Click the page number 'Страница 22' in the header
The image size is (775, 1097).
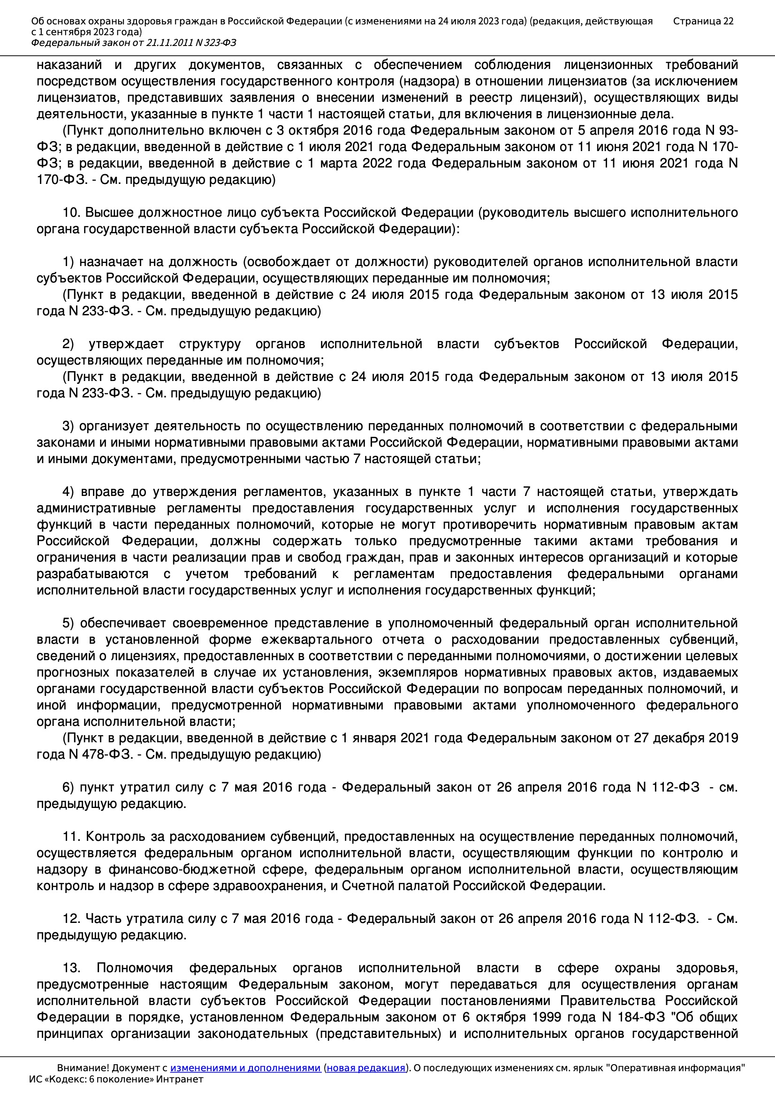pyautogui.click(x=703, y=21)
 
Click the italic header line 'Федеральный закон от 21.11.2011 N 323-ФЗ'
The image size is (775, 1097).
pyautogui.click(x=133, y=43)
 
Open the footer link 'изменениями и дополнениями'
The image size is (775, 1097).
pyautogui.click(x=245, y=1067)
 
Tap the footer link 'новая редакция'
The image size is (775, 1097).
pyautogui.click(x=365, y=1067)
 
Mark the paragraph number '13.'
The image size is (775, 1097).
pyautogui.click(x=72, y=968)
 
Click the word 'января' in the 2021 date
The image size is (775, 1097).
pyautogui.click(x=374, y=738)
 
